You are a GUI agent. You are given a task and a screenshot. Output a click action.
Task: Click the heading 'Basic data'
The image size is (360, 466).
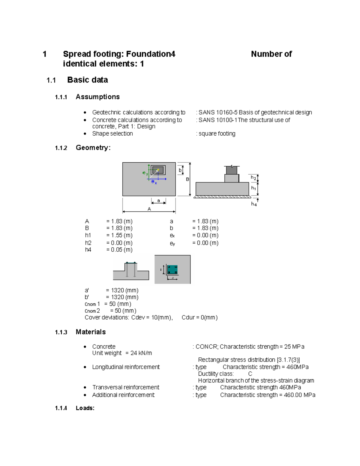pos(87,80)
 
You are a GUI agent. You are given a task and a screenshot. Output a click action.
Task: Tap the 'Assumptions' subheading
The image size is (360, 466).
pos(97,97)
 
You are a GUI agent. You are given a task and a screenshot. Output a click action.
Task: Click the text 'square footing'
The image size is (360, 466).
pos(217,134)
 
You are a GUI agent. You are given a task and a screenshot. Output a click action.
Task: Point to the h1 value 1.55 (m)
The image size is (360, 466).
pos(119,235)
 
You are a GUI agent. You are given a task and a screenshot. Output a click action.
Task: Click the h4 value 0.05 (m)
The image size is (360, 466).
pos(119,250)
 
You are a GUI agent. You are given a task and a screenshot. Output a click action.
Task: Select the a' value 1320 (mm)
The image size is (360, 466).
pos(122,290)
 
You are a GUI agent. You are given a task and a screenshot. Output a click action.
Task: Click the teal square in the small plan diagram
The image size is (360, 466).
pos(172,269)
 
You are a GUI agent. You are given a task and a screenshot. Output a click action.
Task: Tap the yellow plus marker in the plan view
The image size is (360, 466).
pos(158,170)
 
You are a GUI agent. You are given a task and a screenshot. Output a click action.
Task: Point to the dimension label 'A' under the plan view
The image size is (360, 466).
pos(149,209)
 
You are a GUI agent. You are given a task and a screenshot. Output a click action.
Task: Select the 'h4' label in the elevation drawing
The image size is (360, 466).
pos(254,204)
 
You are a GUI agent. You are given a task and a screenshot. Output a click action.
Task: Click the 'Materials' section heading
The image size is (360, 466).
pos(91,332)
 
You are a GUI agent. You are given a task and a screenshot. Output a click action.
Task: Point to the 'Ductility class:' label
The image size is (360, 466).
pos(216,374)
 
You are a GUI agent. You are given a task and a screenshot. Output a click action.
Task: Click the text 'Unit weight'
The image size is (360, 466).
pos(107,353)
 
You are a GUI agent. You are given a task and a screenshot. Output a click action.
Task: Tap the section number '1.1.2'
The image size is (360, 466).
pos(61,148)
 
